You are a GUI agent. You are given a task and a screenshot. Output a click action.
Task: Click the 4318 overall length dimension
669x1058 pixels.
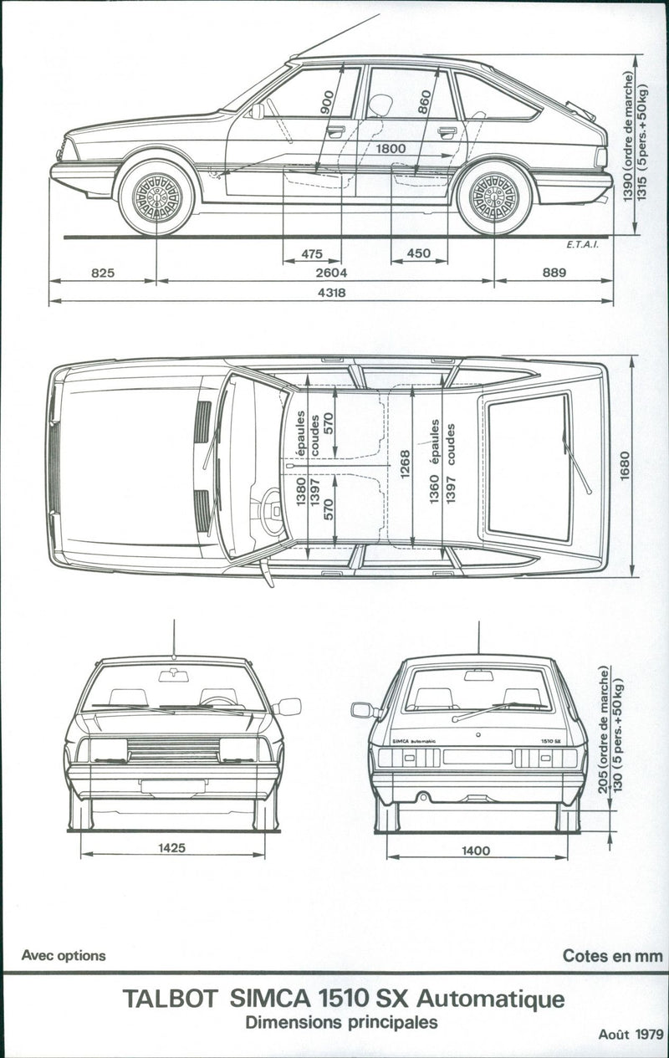(332, 294)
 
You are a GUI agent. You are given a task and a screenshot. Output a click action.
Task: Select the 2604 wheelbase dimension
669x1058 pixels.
(332, 273)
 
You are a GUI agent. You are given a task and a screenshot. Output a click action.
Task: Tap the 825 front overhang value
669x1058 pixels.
(103, 273)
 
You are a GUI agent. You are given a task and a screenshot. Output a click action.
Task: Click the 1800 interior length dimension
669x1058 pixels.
(391, 149)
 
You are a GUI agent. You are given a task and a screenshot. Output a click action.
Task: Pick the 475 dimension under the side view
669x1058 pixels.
(312, 253)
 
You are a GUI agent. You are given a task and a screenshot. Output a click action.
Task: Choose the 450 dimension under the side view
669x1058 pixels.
(418, 253)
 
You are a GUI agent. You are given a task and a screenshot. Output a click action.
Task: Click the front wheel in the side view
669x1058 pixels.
(156, 198)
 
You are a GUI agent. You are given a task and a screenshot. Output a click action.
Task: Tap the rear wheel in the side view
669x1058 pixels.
(494, 198)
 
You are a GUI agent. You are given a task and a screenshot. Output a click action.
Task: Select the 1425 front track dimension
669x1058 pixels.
(171, 848)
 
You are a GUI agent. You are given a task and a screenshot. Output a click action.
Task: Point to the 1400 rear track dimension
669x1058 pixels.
(475, 850)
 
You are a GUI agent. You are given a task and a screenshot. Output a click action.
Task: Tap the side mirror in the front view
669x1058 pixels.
(287, 707)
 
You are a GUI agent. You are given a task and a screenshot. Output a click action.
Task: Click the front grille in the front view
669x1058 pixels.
(173, 749)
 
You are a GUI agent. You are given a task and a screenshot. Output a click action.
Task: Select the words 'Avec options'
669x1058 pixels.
(64, 955)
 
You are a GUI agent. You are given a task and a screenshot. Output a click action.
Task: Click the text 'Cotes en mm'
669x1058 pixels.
(612, 955)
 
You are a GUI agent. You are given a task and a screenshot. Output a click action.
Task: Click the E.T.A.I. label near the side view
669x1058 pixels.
(580, 246)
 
